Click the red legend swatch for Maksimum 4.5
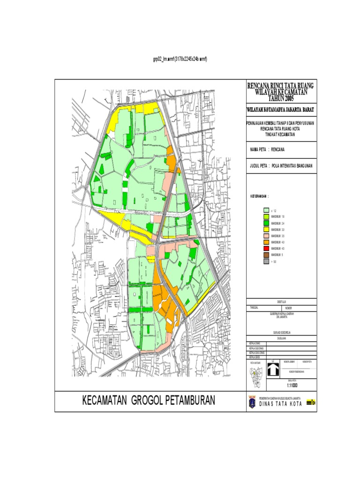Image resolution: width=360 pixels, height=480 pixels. tap(266, 248)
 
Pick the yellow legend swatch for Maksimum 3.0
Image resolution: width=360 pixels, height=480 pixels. tap(266, 230)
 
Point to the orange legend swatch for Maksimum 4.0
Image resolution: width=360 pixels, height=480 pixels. tap(266, 242)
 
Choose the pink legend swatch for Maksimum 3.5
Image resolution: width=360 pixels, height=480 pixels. tap(266, 236)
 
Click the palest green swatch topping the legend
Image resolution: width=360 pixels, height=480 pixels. tap(266, 211)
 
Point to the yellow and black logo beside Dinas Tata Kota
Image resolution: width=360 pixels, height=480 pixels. tap(311, 402)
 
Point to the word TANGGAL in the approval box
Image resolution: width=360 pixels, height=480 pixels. tap(255, 308)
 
